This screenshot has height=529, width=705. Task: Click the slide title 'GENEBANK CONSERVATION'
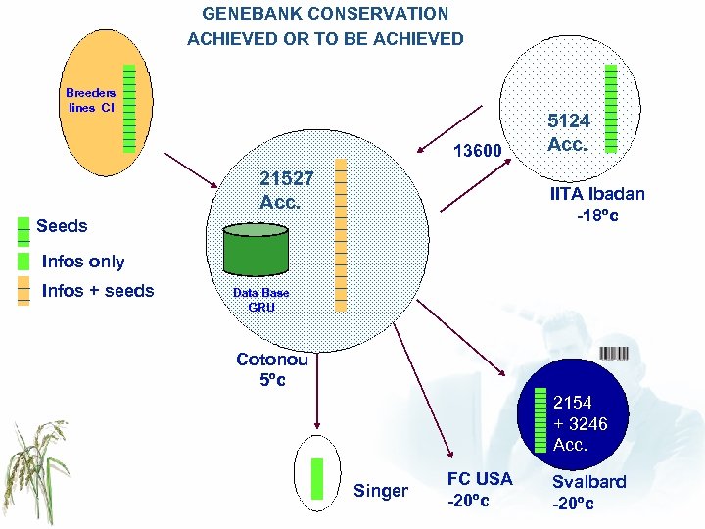pyautogui.click(x=325, y=14)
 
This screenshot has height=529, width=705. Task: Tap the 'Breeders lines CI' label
pyautogui.click(x=90, y=100)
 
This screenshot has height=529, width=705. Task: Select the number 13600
pyautogui.click(x=477, y=151)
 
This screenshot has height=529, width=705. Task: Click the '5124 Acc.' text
pyautogui.click(x=568, y=132)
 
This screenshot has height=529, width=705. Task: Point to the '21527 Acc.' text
pyautogui.click(x=287, y=190)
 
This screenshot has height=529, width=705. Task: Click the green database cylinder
pyautogui.click(x=256, y=250)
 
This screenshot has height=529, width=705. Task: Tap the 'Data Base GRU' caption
pyautogui.click(x=260, y=300)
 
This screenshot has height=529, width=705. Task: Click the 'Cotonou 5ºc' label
pyautogui.click(x=272, y=369)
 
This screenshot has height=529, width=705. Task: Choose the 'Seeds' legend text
pyautogui.click(x=62, y=226)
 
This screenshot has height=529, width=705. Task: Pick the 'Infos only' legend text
pyautogui.click(x=83, y=262)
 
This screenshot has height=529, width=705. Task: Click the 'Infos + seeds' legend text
pyautogui.click(x=98, y=291)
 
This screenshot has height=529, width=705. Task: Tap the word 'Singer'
pyautogui.click(x=381, y=491)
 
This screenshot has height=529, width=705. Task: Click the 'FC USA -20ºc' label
pyautogui.click(x=479, y=489)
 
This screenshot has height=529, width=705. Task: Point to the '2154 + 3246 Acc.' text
pyautogui.click(x=580, y=423)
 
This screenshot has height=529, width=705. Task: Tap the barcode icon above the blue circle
pyautogui.click(x=613, y=354)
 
